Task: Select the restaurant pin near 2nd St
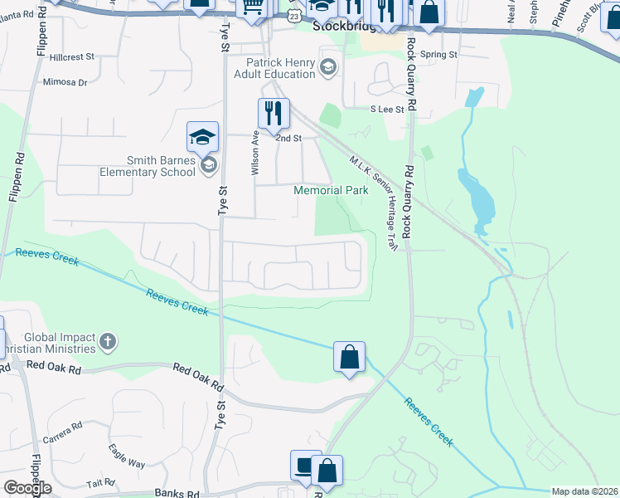(x=273, y=113)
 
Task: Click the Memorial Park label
(x=332, y=190)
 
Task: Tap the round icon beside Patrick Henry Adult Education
(x=328, y=67)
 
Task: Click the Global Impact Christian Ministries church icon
(x=108, y=341)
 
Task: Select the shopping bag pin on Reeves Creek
(x=350, y=358)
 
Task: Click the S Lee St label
(x=387, y=109)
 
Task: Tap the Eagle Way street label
(x=127, y=456)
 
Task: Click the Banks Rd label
(x=177, y=493)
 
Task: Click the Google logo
(x=27, y=488)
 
